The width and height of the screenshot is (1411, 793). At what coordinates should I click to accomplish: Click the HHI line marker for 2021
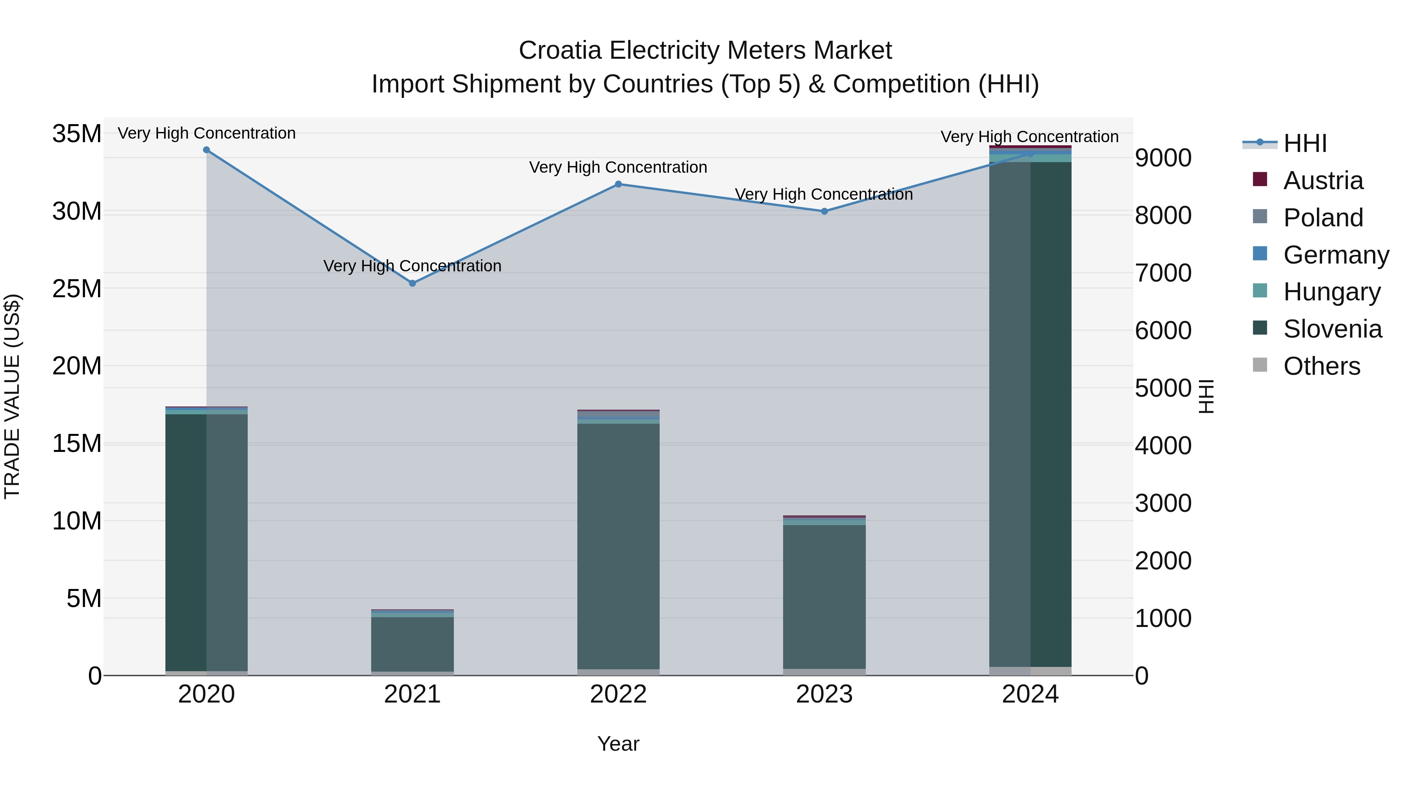coord(412,283)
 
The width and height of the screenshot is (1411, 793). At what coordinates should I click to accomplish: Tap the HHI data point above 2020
coord(207,150)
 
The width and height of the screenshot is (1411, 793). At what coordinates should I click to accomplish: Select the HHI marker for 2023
coord(824,211)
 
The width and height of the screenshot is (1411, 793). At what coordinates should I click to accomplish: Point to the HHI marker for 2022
coord(618,184)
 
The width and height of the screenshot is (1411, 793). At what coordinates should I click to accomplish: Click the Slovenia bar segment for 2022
coord(618,547)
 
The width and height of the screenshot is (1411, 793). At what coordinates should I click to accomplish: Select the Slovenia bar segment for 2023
coord(824,596)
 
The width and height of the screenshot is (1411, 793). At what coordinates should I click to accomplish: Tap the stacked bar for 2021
coord(412,643)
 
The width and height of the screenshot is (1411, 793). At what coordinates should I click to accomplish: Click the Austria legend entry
coord(1322,181)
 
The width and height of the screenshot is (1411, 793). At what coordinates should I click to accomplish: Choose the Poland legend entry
coord(1322,218)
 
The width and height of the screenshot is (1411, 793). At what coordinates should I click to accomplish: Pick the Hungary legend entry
coord(1331,292)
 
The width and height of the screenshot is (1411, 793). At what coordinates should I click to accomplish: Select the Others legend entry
coord(1321,366)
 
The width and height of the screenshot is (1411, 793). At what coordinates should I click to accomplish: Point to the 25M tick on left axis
coord(77,288)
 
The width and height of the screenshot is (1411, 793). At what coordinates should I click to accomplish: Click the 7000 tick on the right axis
coord(1163,273)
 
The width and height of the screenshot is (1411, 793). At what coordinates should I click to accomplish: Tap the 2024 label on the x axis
coord(1030,694)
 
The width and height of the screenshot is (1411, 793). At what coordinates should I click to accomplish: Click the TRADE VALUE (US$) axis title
coord(13,396)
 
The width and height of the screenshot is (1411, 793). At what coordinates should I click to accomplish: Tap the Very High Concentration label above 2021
coord(412,266)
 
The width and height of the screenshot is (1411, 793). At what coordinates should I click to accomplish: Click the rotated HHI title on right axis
coord(1206,396)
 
